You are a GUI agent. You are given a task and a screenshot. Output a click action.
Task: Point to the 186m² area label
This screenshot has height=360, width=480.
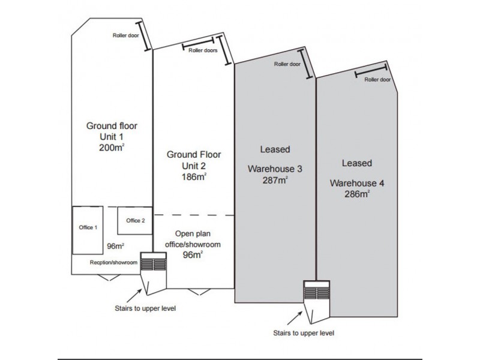pyautogui.click(x=193, y=177)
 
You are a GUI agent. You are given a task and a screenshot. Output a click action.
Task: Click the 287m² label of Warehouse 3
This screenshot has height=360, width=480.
pyautogui.click(x=275, y=179)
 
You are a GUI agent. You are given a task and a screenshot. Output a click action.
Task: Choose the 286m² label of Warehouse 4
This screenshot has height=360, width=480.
pyautogui.click(x=356, y=194)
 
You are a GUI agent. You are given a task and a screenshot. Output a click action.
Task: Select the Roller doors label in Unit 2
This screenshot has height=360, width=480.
pyautogui.click(x=203, y=51)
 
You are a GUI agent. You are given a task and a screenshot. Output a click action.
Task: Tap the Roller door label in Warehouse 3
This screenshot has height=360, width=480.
pyautogui.click(x=287, y=64)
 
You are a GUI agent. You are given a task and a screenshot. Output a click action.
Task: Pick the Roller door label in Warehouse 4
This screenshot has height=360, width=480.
pyautogui.click(x=377, y=79)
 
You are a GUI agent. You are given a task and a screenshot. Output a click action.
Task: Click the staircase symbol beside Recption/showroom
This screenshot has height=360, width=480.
pyautogui.click(x=153, y=263)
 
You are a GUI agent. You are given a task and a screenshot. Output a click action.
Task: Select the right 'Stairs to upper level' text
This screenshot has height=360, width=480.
pyautogui.click(x=304, y=332)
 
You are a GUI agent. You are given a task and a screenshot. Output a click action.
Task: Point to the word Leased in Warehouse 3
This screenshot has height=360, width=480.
pyautogui.click(x=275, y=149)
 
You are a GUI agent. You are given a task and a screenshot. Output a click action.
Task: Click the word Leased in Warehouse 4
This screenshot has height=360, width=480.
pyautogui.click(x=356, y=163)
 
